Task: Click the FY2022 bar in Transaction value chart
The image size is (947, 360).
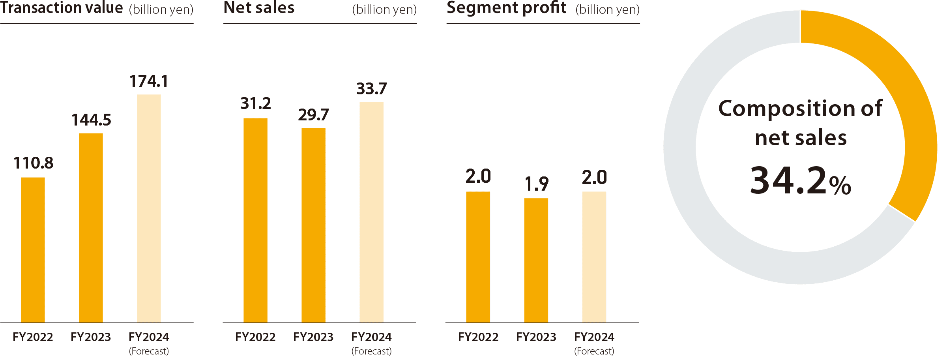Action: point(33,250)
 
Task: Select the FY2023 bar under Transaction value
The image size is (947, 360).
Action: point(91,228)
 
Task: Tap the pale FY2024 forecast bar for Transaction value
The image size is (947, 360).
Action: point(149,208)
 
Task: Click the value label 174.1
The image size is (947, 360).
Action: point(149,81)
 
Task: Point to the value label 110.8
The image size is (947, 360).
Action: point(33,163)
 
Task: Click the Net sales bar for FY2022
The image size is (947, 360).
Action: point(255,220)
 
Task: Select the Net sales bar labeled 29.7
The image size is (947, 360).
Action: point(313,225)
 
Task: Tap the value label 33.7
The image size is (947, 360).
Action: point(371,89)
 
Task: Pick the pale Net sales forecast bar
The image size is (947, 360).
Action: point(371,212)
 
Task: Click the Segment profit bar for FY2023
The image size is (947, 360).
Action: point(536,260)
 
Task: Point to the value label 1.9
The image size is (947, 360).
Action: point(536,184)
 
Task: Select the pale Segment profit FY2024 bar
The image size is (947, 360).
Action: point(594,257)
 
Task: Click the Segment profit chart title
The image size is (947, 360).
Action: point(506,8)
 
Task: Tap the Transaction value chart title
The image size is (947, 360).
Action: point(62,8)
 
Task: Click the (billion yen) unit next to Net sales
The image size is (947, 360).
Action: point(384,10)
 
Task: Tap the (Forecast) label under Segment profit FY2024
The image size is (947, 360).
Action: point(594,351)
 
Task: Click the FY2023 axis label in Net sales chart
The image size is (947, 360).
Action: point(313,337)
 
